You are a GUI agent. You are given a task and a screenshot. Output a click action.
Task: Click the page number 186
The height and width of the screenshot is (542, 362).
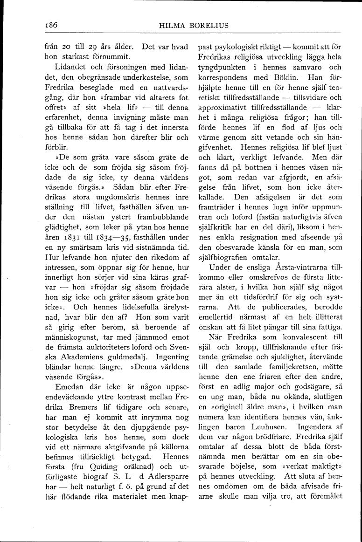[49, 25]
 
